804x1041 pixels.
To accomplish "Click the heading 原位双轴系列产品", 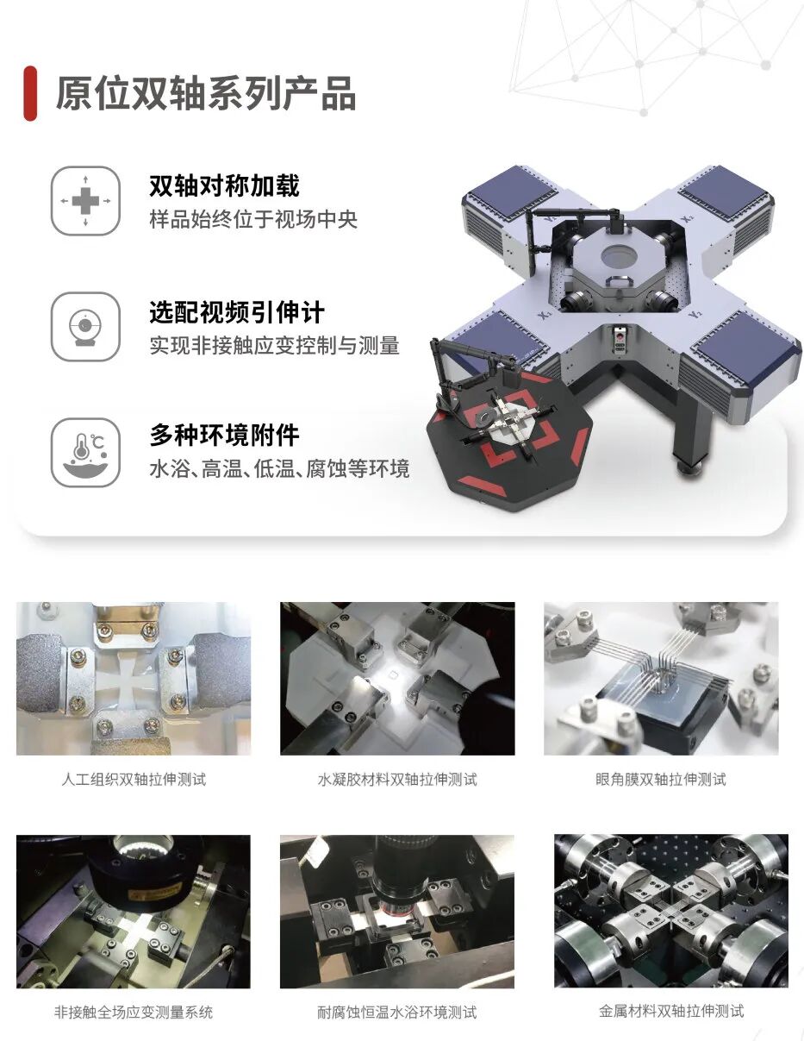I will click(x=205, y=93).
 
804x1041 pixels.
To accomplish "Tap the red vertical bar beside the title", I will click(x=30, y=93).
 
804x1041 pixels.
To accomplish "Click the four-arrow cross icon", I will click(x=85, y=201).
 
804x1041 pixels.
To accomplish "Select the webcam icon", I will click(x=85, y=327).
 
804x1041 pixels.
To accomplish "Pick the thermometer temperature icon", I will click(x=85, y=453).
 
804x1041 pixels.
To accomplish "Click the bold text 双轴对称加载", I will click(x=224, y=185).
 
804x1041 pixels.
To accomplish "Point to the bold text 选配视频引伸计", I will click(x=236, y=311).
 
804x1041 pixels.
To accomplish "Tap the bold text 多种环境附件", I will click(x=224, y=436).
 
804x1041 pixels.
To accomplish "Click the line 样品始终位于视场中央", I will click(x=252, y=219).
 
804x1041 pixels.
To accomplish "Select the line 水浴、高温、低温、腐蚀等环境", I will click(x=279, y=469).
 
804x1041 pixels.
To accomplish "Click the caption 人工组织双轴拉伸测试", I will click(x=134, y=780).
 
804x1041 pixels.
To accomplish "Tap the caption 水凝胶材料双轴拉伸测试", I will click(x=396, y=780).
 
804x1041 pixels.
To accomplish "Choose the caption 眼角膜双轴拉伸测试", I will click(x=661, y=780).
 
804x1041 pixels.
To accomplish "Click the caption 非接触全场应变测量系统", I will click(x=134, y=1012).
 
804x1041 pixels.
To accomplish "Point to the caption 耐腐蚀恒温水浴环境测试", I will click(x=396, y=1012).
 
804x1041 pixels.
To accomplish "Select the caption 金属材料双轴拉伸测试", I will click(x=670, y=1011).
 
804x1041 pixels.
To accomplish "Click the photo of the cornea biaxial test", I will click(x=661, y=679).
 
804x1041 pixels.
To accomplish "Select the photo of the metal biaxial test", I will click(x=670, y=911).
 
